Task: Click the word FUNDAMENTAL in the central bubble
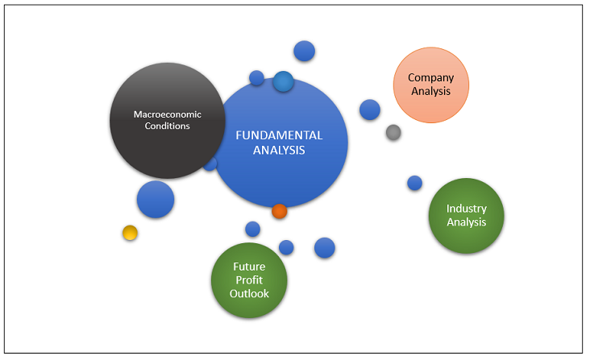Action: click(x=279, y=135)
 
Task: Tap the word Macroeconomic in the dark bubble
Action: click(x=167, y=114)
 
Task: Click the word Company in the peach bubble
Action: click(x=430, y=78)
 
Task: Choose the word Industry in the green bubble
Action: click(x=467, y=209)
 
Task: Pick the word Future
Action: click(x=249, y=267)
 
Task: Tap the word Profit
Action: click(x=249, y=280)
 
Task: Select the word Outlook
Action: click(x=249, y=293)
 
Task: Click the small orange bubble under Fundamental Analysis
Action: click(x=279, y=211)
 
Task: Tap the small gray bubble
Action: click(x=393, y=132)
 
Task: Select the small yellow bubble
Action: click(x=130, y=233)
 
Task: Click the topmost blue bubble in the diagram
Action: click(x=304, y=51)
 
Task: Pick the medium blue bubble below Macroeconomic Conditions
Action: click(x=156, y=199)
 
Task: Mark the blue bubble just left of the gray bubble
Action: click(x=370, y=110)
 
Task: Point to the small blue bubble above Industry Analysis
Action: click(x=414, y=183)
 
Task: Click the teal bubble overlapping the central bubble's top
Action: click(x=283, y=81)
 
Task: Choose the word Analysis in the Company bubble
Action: click(x=430, y=91)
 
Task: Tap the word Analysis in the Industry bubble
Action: click(x=467, y=222)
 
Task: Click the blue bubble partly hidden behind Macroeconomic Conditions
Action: click(x=212, y=165)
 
